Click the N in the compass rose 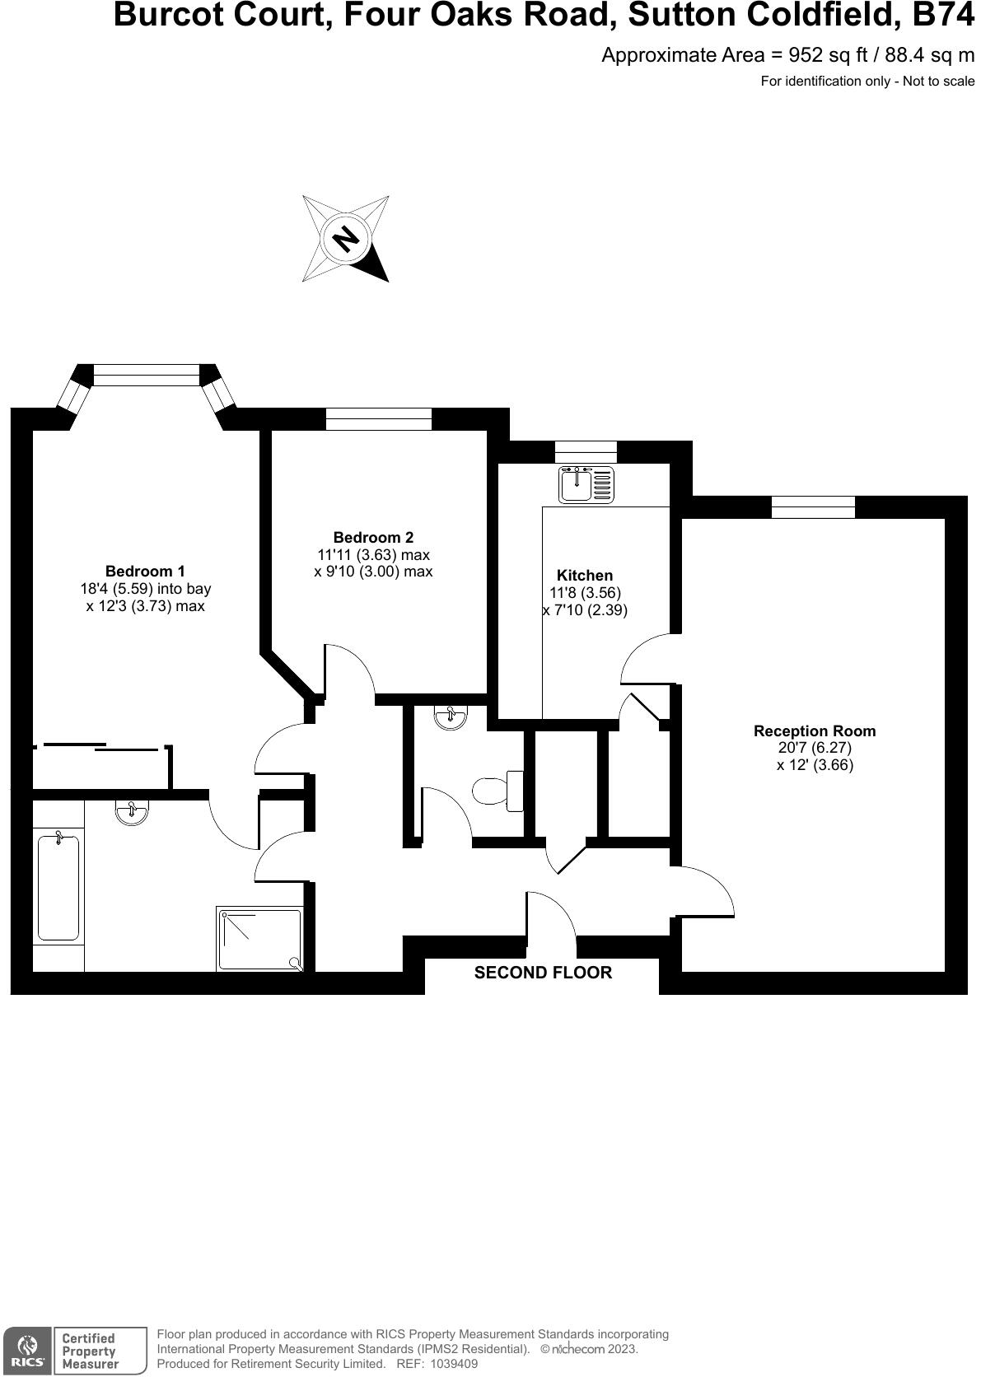coord(346,239)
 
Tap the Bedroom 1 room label coord(145,571)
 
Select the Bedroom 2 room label coord(373,537)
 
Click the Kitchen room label coord(585,575)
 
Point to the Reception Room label coord(815,731)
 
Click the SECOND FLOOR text coord(543,973)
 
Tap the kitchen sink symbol coord(586,484)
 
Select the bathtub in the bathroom coord(58,887)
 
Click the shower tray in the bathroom coord(259,938)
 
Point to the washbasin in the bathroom coord(132,812)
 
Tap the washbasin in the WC coord(451,717)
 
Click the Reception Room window coord(813,506)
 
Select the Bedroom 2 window coord(378,418)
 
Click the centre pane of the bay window coord(147,375)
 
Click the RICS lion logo coord(27,1349)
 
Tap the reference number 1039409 coord(449,1364)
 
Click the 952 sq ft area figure coord(826,55)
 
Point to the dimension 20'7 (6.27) coord(815,748)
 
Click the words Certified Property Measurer coord(90,1351)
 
